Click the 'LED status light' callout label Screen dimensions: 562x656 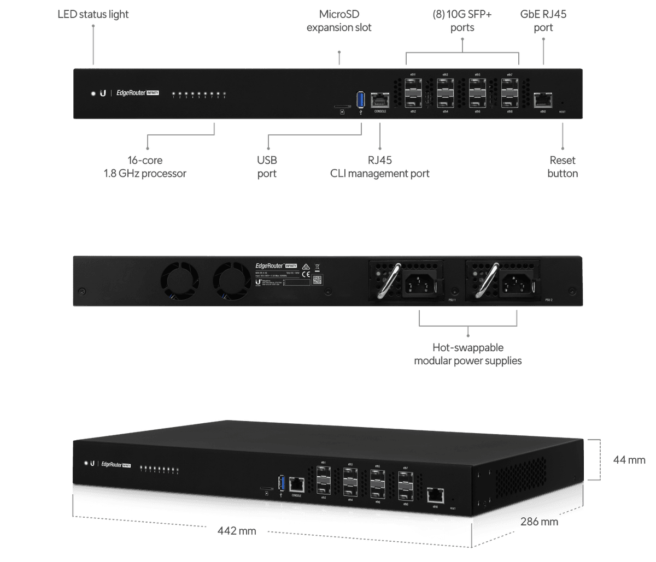tap(93, 14)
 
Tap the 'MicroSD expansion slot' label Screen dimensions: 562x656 tap(339, 20)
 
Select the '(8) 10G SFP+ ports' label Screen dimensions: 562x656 tap(462, 20)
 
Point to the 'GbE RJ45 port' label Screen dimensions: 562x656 tap(543, 20)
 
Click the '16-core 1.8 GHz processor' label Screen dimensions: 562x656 tap(145, 167)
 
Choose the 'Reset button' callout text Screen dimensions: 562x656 tap(563, 167)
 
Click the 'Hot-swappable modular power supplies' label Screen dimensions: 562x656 tap(467, 354)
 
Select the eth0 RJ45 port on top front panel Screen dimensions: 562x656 tap(542, 100)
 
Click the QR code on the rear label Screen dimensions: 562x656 tap(317, 280)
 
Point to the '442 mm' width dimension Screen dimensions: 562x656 tap(236, 530)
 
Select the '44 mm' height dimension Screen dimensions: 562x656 tap(629, 460)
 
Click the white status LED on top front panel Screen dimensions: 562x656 tap(93, 93)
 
